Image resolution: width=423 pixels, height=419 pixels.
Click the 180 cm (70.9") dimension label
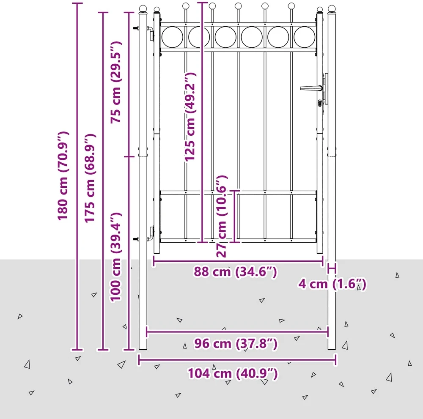click(x=63, y=176)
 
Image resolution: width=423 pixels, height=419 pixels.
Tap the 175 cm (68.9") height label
click(x=90, y=178)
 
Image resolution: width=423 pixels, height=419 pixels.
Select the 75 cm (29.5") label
click(x=116, y=82)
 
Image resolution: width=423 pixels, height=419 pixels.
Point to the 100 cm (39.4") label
click(x=116, y=257)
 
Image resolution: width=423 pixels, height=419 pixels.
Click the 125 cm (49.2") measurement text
click(x=190, y=117)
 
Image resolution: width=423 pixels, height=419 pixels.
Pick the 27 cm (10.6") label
click(x=222, y=216)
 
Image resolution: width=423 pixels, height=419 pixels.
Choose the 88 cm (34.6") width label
click(x=235, y=272)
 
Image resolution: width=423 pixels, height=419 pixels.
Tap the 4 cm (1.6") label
click(x=332, y=284)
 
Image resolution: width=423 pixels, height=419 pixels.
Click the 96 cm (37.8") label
click(x=236, y=344)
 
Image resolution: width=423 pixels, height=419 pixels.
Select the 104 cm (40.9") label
click(x=233, y=374)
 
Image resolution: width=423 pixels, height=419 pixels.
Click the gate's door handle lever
click(x=311, y=88)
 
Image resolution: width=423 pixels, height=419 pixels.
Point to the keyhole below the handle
click(x=320, y=103)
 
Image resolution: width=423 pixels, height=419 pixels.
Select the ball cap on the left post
click(x=143, y=8)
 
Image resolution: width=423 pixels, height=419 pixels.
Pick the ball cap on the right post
click(x=332, y=8)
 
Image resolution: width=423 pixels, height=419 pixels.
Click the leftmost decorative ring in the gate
click(x=173, y=37)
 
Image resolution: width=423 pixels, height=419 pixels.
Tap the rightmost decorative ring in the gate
click(x=304, y=37)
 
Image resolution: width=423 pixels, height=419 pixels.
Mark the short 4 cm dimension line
click(x=332, y=268)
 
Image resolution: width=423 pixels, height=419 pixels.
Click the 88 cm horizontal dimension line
click(x=238, y=261)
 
